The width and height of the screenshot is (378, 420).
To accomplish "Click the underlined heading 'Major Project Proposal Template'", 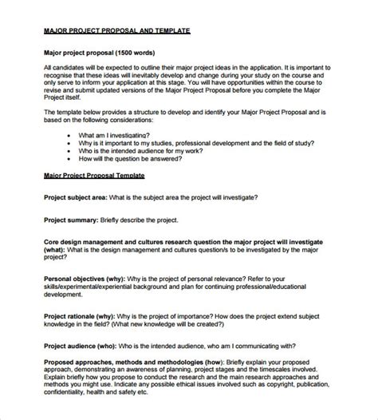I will pyautogui.click(x=93, y=174).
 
